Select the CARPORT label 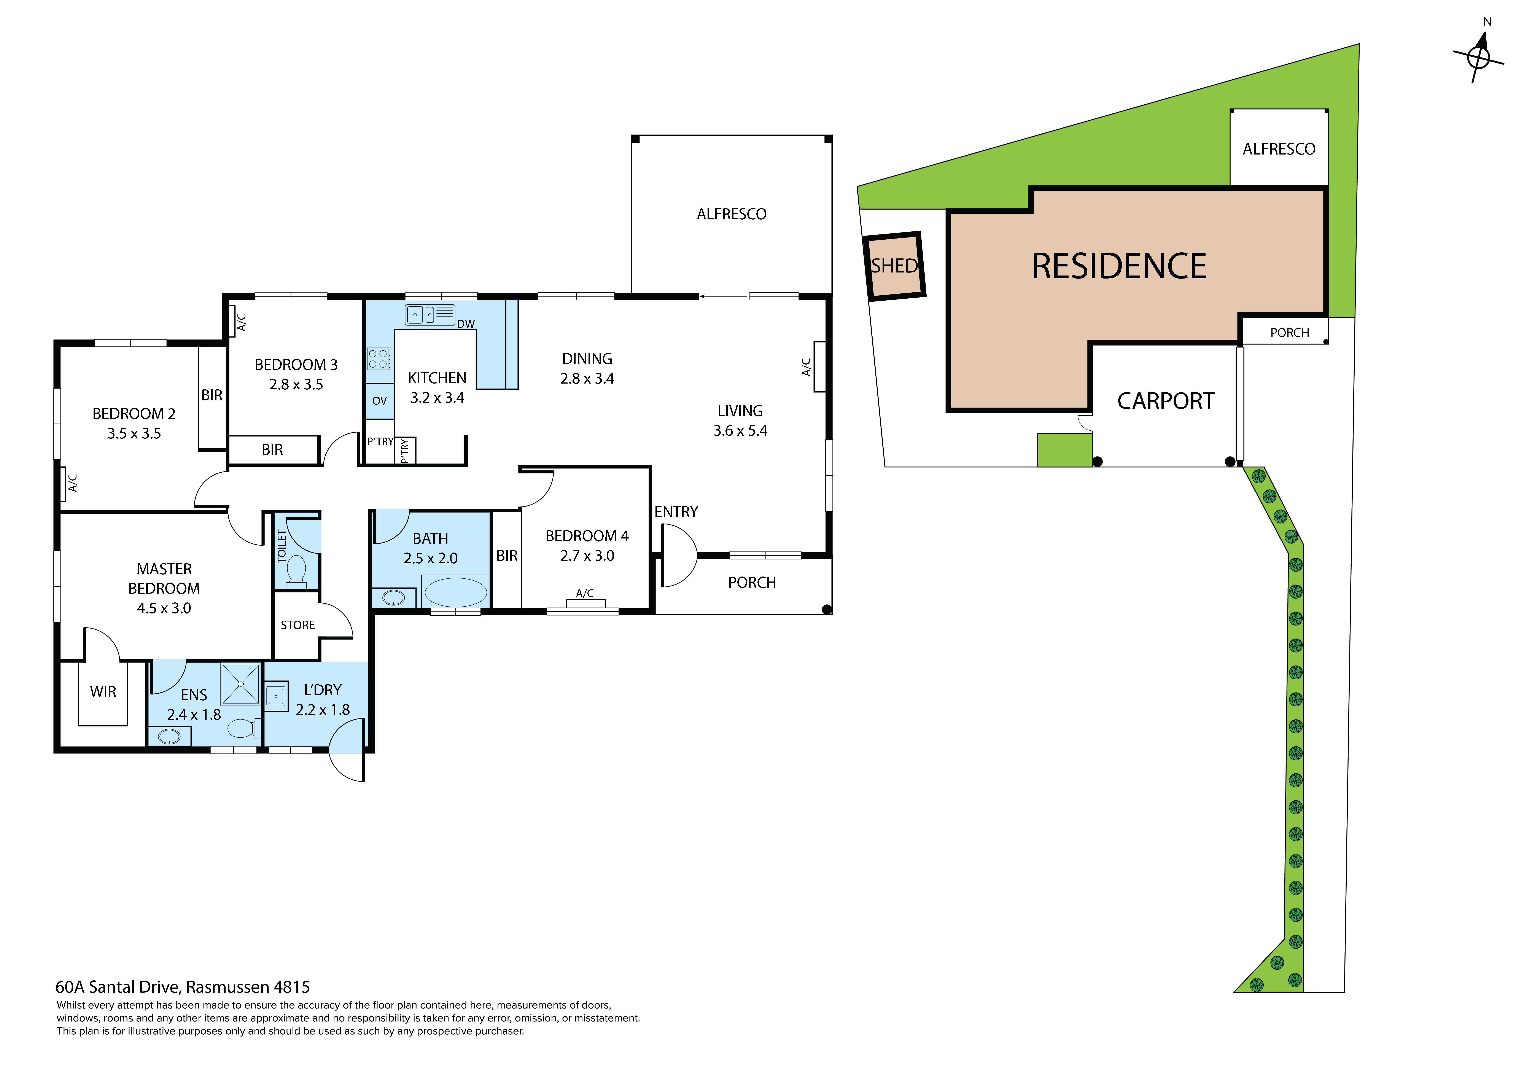coord(1165,401)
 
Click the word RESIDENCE coord(1119,266)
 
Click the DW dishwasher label coord(466,324)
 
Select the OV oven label coord(380,401)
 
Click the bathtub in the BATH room coord(456,592)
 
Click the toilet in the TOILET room coord(296,571)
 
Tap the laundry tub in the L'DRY coord(276,696)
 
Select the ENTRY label coord(676,512)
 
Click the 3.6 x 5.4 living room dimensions coord(740,431)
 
